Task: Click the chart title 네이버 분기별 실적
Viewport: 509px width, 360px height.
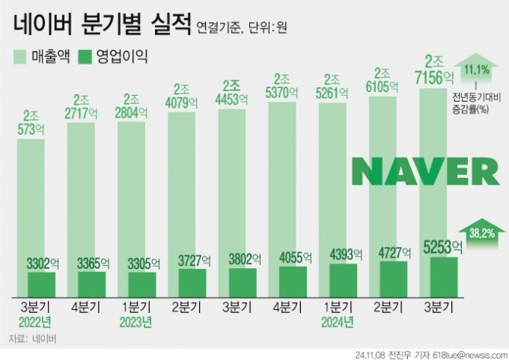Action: pos(100,27)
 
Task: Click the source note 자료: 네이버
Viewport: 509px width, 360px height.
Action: pos(33,338)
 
